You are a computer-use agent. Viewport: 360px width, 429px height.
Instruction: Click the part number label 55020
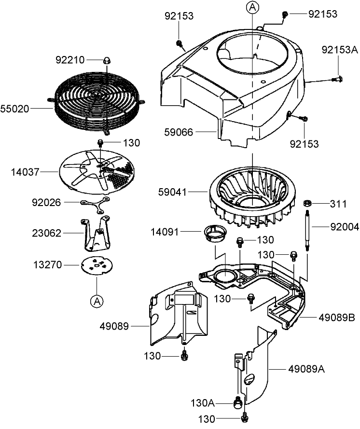[x=16, y=110]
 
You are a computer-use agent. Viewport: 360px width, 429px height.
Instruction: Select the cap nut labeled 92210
[x=106, y=60]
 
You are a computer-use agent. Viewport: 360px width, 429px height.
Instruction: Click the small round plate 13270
[x=97, y=265]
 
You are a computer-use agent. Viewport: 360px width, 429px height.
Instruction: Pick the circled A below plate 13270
[x=97, y=301]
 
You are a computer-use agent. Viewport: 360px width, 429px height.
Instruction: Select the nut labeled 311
[x=306, y=203]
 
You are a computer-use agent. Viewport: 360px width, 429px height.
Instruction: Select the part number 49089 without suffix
[x=115, y=327]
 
